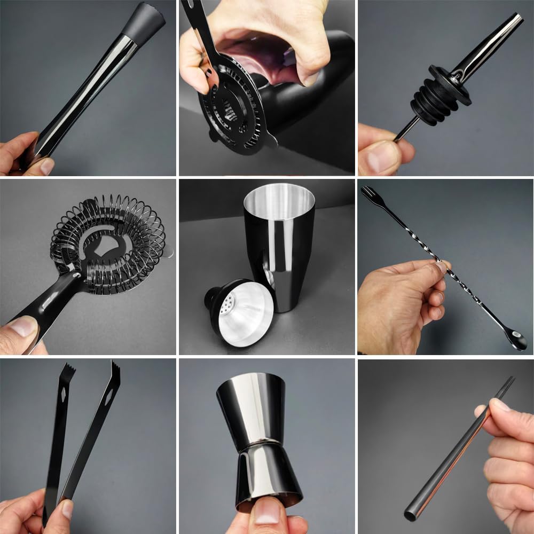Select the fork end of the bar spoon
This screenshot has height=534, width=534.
pyautogui.click(x=368, y=193)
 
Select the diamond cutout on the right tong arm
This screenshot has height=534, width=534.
pyautogui.click(x=109, y=396)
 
